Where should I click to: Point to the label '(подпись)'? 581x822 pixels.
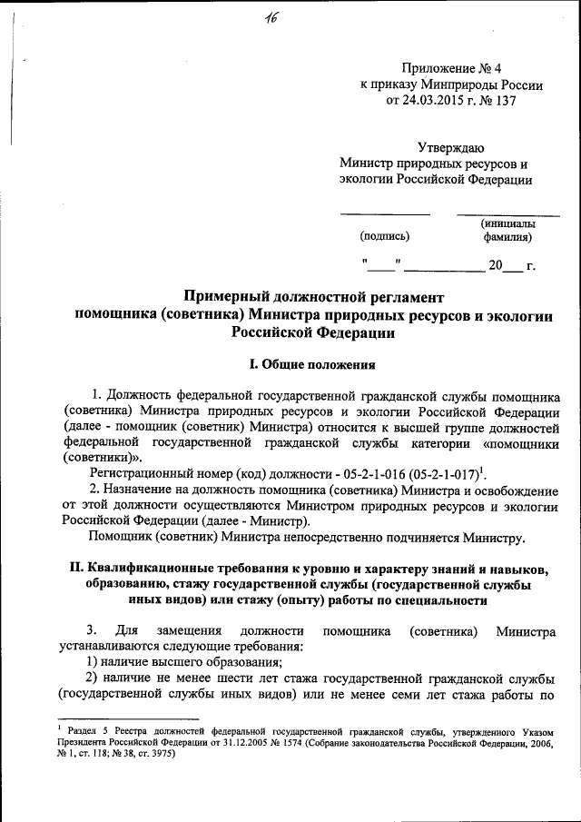click(385, 237)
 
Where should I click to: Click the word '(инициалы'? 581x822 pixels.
click(508, 223)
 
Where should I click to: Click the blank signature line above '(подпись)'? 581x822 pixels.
click(385, 214)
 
